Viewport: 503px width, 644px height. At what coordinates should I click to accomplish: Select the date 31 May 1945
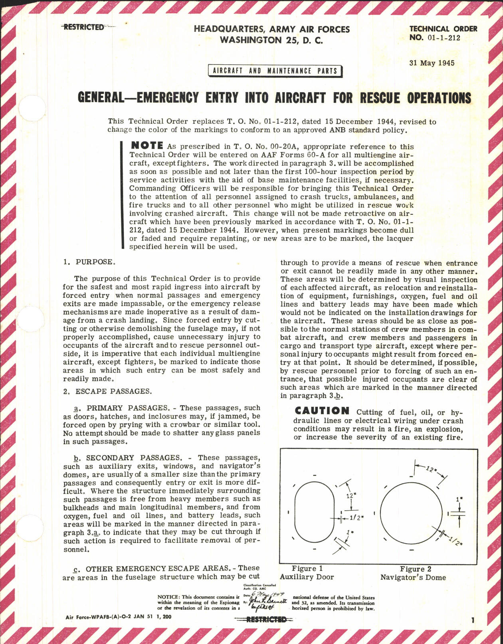pos(432,63)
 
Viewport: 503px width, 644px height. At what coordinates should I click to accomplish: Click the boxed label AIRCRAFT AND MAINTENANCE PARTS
pos(275,71)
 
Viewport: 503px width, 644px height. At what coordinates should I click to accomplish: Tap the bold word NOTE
pos(147,146)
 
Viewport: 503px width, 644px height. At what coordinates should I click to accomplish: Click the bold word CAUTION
pos(322,411)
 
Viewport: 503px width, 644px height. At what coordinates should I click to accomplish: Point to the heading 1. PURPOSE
pos(89,262)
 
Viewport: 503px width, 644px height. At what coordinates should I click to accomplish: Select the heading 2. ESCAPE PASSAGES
pos(107,391)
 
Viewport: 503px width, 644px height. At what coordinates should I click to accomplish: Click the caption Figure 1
pos(307,569)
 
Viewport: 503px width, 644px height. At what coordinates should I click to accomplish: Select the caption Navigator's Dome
pos(413,577)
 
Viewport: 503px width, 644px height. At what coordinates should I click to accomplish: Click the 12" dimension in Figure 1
pos(351,495)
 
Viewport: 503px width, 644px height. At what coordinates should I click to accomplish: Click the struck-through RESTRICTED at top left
pos(83,27)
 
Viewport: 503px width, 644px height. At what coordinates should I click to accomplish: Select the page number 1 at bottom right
pos(473,620)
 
